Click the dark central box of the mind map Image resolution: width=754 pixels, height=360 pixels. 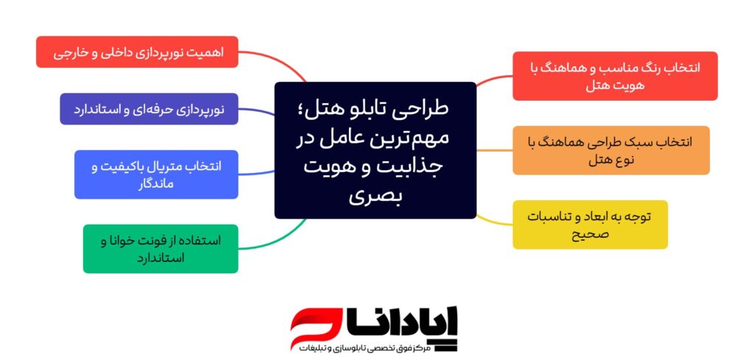pos(375,150)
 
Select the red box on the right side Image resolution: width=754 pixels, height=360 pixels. pos(615,76)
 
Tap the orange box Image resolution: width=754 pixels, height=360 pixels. pos(611,150)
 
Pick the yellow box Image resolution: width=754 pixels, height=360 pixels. pos(590,225)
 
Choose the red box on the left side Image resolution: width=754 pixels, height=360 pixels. pos(137,52)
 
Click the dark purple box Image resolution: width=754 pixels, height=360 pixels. pos(149,109)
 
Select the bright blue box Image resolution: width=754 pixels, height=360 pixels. pos(156,174)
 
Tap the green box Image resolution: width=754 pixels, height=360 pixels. pos(161,249)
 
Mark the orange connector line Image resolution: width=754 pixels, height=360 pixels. pos(494,150)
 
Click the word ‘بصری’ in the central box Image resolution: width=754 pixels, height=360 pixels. pos(375,197)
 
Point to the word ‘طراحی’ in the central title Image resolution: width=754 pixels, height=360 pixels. pos(420,109)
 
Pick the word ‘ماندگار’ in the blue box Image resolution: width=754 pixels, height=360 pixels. pos(156,183)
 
